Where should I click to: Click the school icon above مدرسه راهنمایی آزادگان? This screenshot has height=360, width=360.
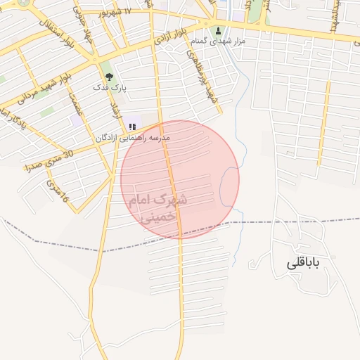131,127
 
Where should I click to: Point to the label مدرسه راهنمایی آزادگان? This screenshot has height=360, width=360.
133,139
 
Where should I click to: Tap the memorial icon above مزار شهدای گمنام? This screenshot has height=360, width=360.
218,30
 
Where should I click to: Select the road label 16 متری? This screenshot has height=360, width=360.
57,191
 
